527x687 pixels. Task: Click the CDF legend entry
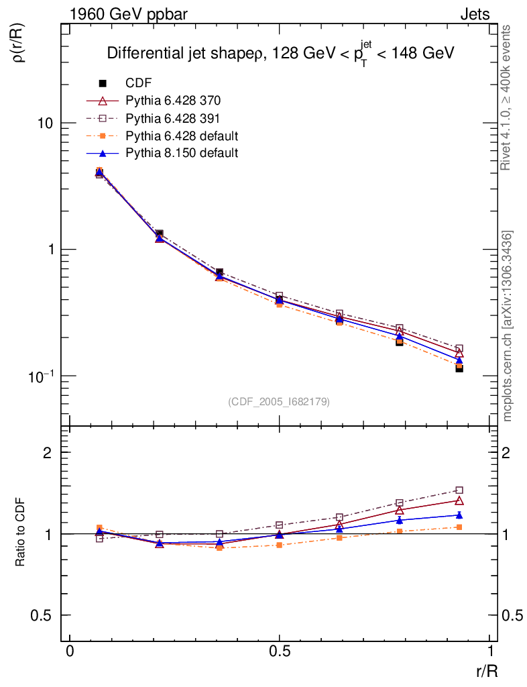click(138, 83)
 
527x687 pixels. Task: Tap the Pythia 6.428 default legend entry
click(182, 136)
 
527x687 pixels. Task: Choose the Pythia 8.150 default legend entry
click(182, 153)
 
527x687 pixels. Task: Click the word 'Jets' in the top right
click(474, 14)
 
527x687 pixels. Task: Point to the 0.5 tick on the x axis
click(280, 651)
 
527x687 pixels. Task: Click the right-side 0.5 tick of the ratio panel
click(513, 615)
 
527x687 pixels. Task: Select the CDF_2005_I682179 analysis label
click(279, 401)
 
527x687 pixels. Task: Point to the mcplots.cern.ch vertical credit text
click(507, 325)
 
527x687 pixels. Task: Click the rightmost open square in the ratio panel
click(459, 490)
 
